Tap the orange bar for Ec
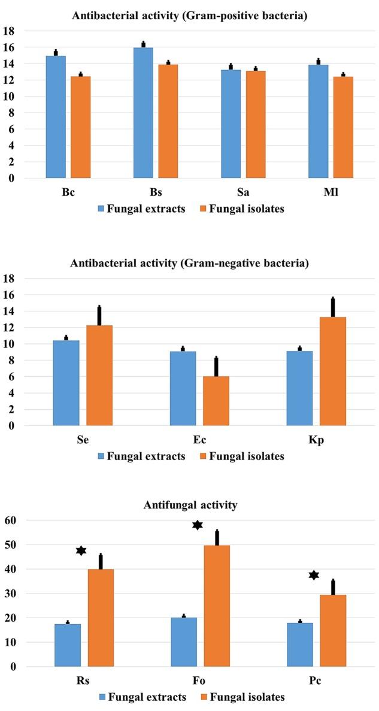216,401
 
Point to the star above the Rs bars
81,550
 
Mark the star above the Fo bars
198,525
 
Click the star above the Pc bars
314,575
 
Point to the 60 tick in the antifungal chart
10,521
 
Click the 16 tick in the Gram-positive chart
10,47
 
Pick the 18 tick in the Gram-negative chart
10,279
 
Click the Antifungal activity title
190,505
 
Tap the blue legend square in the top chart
101,209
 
